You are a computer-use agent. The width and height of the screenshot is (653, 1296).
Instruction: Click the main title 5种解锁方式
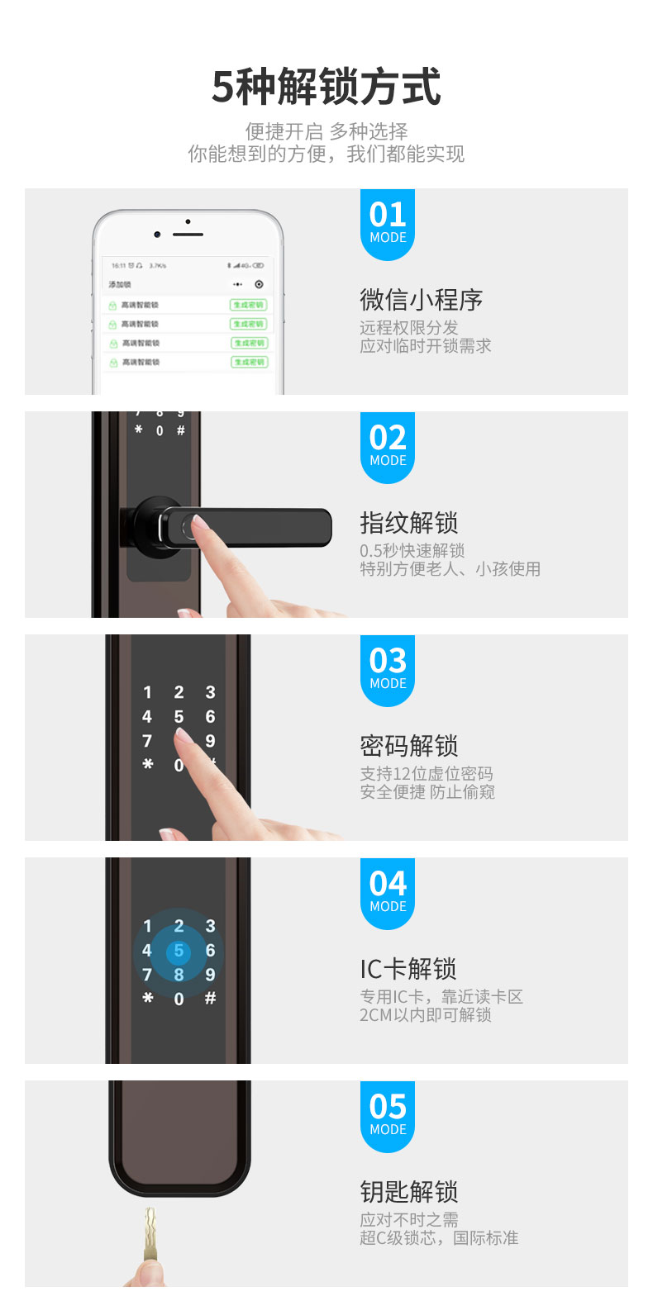click(326, 88)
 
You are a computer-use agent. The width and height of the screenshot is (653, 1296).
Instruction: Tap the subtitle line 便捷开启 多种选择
click(326, 131)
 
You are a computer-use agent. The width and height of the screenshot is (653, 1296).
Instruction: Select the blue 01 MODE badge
click(388, 223)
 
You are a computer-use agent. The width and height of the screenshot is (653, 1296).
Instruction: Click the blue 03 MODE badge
click(388, 669)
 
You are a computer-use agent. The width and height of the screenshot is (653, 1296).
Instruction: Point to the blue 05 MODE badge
click(388, 1115)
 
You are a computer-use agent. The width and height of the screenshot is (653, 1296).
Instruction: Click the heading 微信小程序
click(421, 300)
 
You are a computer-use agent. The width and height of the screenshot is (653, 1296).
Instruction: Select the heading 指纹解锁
click(408, 523)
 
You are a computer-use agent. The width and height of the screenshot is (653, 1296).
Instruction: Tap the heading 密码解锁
click(408, 746)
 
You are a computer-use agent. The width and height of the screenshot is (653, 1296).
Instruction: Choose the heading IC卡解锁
click(408, 969)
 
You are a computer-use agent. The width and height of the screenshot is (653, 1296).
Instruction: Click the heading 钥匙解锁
click(408, 1192)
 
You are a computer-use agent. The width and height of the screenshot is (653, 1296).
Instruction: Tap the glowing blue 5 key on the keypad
click(179, 952)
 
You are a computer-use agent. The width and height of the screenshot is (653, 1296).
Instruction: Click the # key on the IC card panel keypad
click(210, 999)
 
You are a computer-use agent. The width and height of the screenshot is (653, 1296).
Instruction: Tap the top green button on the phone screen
click(249, 305)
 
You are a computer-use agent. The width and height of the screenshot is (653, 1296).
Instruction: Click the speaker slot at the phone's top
click(188, 235)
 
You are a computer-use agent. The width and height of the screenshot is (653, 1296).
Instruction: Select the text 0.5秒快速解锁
click(412, 551)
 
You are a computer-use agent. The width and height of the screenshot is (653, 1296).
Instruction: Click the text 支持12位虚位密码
click(426, 774)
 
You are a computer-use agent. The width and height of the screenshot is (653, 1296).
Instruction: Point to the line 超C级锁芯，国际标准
click(438, 1238)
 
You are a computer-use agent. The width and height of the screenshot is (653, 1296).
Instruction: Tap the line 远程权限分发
click(408, 328)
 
